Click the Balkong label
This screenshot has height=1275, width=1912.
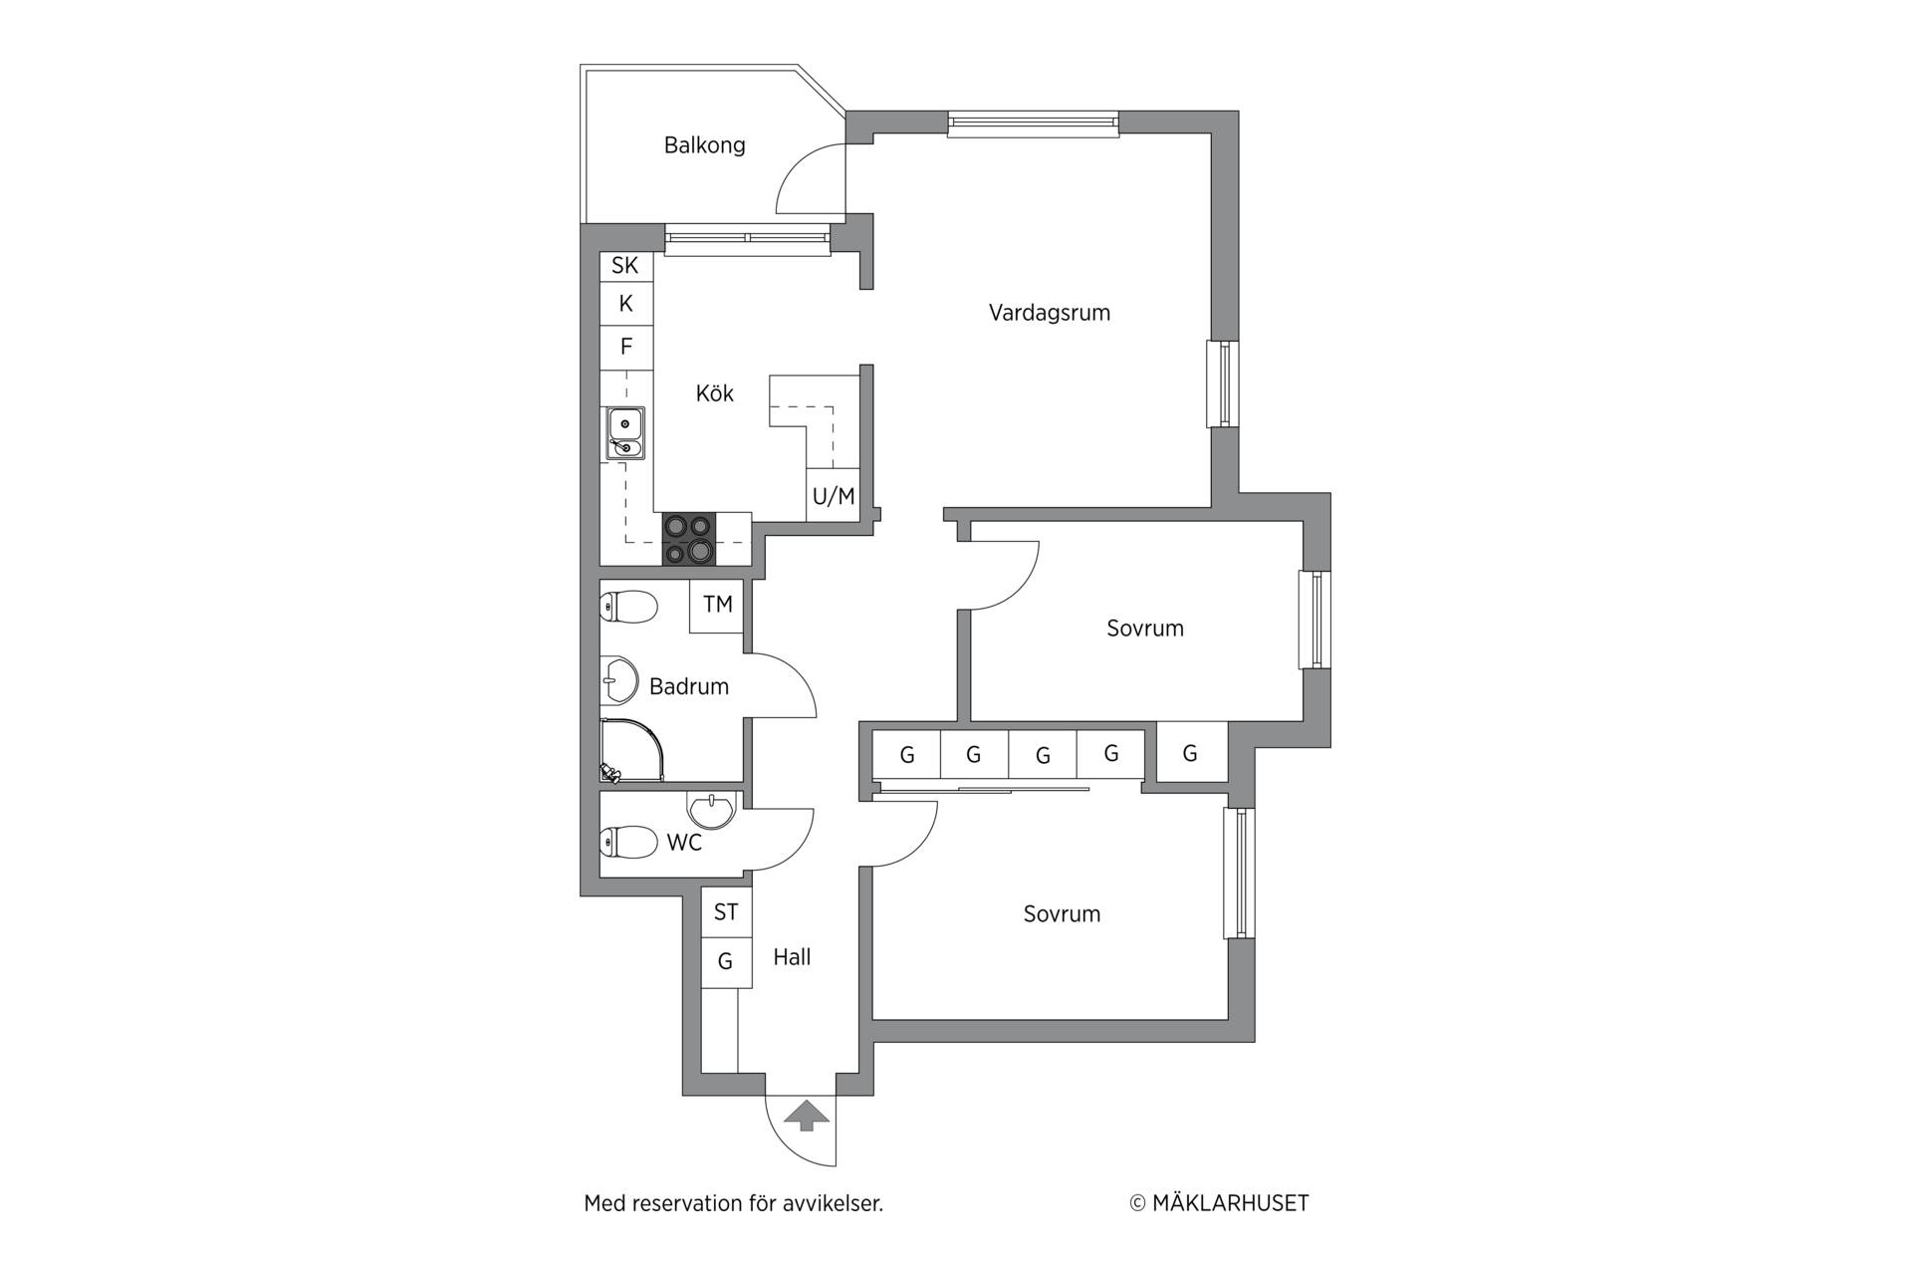(704, 145)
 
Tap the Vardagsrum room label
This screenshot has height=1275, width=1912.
(1049, 313)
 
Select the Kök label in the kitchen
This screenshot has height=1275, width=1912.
(714, 393)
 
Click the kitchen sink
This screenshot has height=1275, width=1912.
(625, 434)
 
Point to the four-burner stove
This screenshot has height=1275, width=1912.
(689, 539)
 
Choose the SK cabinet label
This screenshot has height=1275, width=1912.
(625, 265)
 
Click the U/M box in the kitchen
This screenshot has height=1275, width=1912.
(834, 495)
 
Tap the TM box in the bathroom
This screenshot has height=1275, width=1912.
(717, 605)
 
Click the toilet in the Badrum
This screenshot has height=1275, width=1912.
(628, 607)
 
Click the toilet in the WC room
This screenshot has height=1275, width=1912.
(628, 842)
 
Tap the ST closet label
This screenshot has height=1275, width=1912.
(726, 911)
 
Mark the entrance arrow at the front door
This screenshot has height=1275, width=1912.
(807, 1116)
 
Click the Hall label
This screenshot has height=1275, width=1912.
(792, 957)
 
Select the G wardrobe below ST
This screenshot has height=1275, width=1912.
(726, 962)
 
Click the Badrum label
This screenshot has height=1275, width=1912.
(689, 686)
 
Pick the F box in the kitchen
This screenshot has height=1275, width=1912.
(626, 347)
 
